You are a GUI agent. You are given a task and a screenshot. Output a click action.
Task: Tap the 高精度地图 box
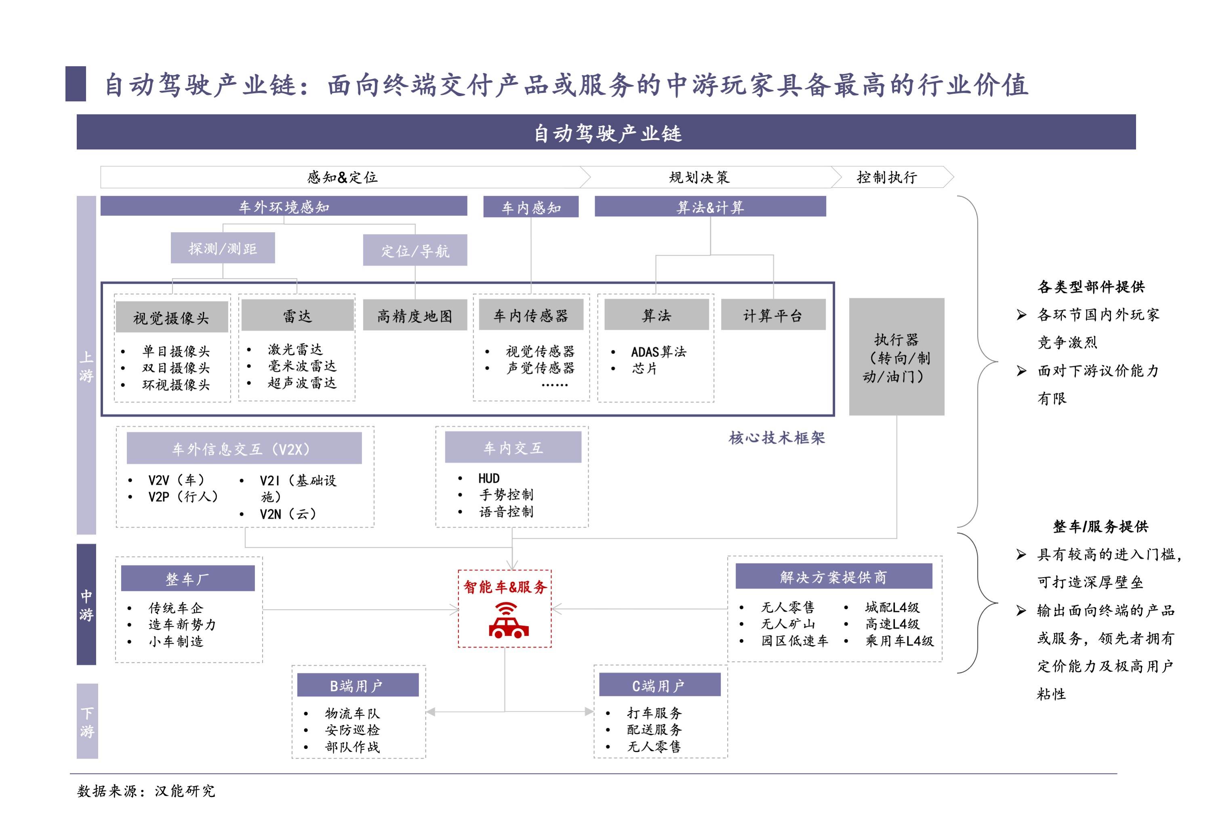(415, 315)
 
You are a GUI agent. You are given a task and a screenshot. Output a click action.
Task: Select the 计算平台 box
(772, 315)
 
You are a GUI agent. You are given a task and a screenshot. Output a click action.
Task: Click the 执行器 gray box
(896, 357)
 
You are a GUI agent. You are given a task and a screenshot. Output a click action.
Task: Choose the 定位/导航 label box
(415, 251)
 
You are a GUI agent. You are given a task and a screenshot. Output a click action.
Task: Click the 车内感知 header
(530, 207)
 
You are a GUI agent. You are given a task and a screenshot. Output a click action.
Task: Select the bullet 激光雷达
(295, 349)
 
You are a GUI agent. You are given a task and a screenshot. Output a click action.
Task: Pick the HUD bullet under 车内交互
(488, 478)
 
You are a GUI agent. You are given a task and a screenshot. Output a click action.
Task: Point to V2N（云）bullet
(288, 513)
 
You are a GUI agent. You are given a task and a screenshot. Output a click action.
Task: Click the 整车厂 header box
(188, 579)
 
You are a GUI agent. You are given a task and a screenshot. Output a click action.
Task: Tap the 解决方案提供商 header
(833, 577)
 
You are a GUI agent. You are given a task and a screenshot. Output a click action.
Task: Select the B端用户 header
(357, 685)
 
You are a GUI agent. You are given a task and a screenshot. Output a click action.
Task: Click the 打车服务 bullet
(654, 713)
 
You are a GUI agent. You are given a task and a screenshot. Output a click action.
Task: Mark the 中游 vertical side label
(86, 605)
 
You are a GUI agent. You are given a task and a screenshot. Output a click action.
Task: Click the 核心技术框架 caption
(776, 438)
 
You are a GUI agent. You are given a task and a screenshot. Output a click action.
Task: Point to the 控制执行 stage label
(886, 177)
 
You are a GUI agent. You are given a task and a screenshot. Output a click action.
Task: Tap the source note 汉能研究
(185, 791)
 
